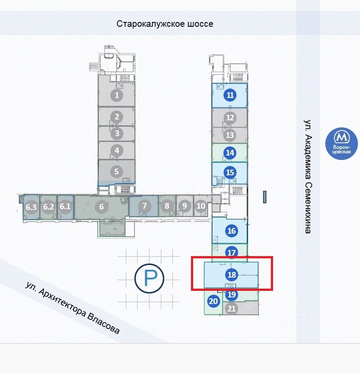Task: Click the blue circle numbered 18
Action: tap(232, 275)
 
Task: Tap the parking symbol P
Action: tap(149, 278)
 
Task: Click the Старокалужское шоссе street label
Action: tap(165, 24)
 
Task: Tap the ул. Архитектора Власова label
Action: tap(72, 308)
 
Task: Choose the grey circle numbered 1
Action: tap(117, 94)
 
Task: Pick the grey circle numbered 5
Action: tap(117, 172)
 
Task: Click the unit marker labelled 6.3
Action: tap(31, 207)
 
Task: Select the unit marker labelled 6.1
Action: tap(65, 207)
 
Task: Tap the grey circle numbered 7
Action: tap(144, 206)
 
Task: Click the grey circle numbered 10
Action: tap(201, 206)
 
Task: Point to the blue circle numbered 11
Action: tap(230, 95)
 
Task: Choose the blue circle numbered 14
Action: tap(230, 152)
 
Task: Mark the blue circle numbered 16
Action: tap(232, 231)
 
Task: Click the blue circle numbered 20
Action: tap(213, 301)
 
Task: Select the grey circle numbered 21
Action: tap(232, 308)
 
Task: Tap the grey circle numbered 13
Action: tap(230, 135)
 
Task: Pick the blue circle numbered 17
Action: tap(232, 253)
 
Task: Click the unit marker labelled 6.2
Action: tap(48, 207)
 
